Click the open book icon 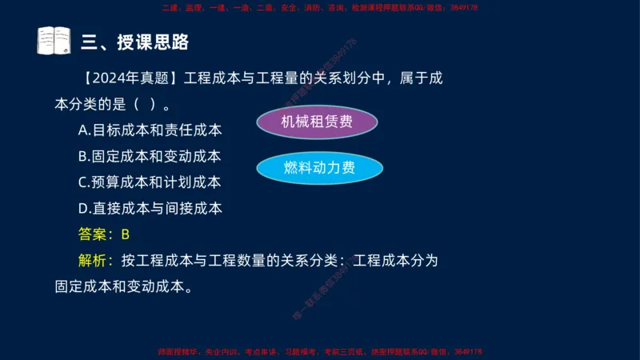point(54,41)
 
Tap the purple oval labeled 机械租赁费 point(317,122)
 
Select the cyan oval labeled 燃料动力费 point(319,168)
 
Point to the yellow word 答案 point(94,234)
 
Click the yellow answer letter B point(125,234)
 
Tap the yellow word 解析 point(94,260)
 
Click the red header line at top point(319,6)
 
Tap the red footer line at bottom point(319,352)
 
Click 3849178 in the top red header point(462,6)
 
